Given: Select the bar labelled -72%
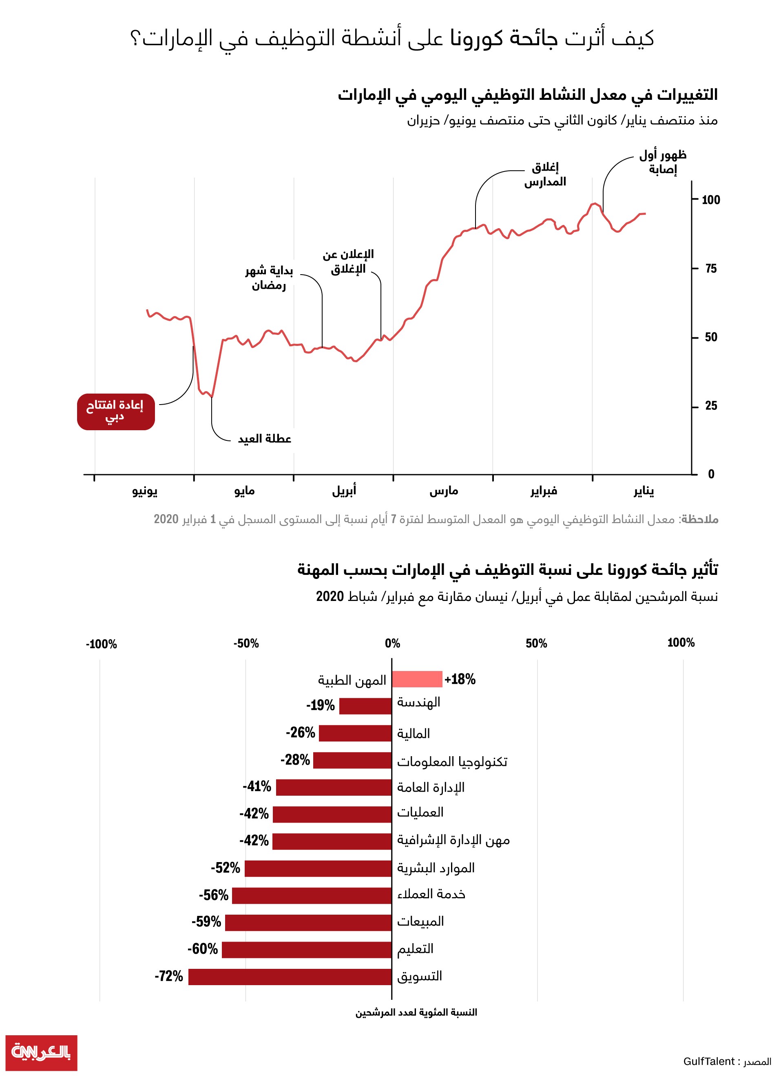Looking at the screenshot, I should tap(290, 977).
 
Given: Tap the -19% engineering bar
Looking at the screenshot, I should tap(365, 706).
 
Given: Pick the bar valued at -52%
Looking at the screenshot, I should tap(318, 869).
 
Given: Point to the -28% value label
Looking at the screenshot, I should tap(295, 759).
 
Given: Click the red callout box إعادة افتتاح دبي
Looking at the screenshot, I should tap(116, 411).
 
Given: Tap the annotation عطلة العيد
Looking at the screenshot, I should tap(265, 439).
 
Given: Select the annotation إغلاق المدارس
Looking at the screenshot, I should tap(545, 174).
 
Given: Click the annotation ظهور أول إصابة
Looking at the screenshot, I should tap(662, 162).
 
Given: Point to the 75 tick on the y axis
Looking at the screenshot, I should tap(711, 268).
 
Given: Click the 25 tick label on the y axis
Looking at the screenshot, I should tap(711, 406).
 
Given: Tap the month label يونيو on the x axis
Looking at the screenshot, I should tap(145, 491).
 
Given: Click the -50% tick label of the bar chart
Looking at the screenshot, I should tap(246, 643).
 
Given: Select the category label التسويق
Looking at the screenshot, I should tap(420, 976).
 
